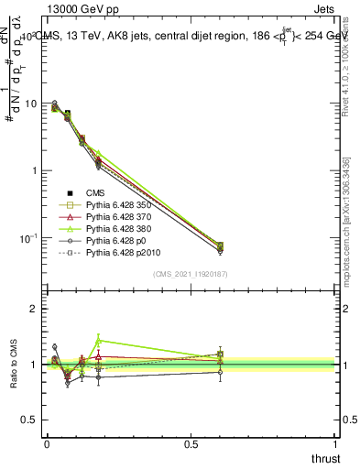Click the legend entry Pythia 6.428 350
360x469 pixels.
click(x=116, y=206)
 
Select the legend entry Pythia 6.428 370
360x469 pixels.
click(x=116, y=220)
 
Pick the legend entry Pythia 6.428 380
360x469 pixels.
click(x=116, y=233)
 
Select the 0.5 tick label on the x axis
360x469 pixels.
click(x=191, y=443)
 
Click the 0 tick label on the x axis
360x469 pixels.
click(x=46, y=443)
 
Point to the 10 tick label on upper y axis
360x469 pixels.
click(x=34, y=104)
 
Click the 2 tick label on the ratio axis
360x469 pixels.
click(x=37, y=309)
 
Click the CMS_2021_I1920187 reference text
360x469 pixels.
click(x=191, y=273)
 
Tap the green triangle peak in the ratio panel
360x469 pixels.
click(x=98, y=340)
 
